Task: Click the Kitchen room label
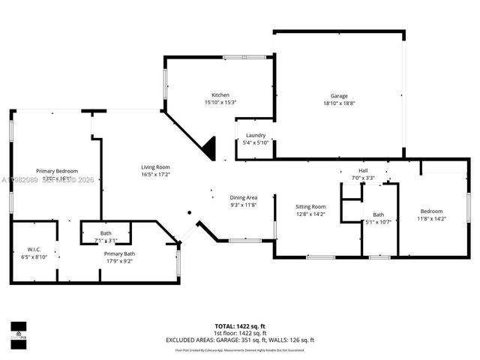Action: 220,95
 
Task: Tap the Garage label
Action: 339,96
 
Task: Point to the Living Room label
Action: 156,166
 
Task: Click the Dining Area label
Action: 243,197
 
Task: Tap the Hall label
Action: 363,171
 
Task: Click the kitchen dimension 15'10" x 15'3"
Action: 220,102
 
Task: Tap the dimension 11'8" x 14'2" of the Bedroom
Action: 431,218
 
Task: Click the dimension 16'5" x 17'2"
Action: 156,174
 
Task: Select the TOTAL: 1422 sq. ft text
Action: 240,326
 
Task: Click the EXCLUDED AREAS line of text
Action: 240,340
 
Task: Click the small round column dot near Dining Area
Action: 190,212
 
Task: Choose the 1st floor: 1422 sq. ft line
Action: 240,333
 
